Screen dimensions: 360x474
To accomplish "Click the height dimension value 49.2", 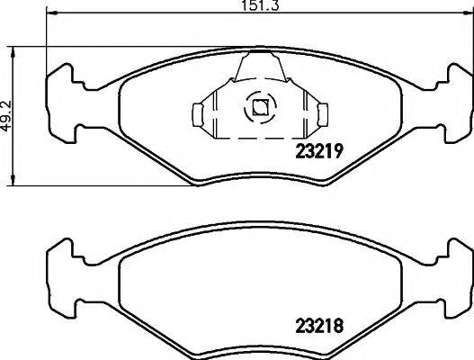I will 10,116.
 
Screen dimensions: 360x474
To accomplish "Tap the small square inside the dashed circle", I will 259,108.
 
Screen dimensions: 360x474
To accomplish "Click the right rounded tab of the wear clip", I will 318,113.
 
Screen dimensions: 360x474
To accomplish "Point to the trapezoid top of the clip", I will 259,67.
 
